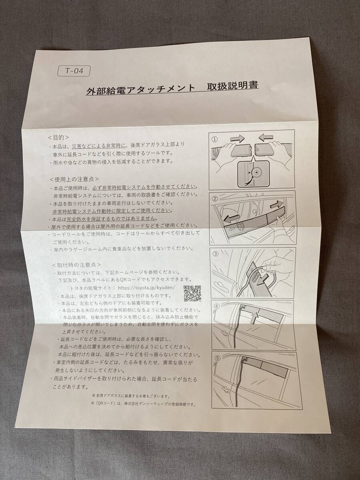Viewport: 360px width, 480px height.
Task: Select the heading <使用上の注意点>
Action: click(x=74, y=178)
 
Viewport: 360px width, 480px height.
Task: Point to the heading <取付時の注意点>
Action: click(x=76, y=265)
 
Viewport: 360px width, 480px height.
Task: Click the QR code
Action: click(x=192, y=294)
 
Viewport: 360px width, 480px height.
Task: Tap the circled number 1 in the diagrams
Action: click(x=215, y=139)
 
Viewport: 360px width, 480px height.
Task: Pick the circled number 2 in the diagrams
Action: click(x=215, y=199)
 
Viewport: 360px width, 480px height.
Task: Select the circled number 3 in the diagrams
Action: click(x=216, y=254)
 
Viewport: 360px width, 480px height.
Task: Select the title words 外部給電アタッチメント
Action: click(x=141, y=88)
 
